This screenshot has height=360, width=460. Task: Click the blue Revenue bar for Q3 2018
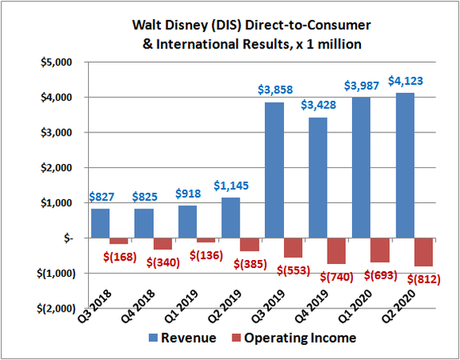click(101, 223)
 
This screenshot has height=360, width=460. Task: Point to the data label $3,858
click(291, 90)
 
